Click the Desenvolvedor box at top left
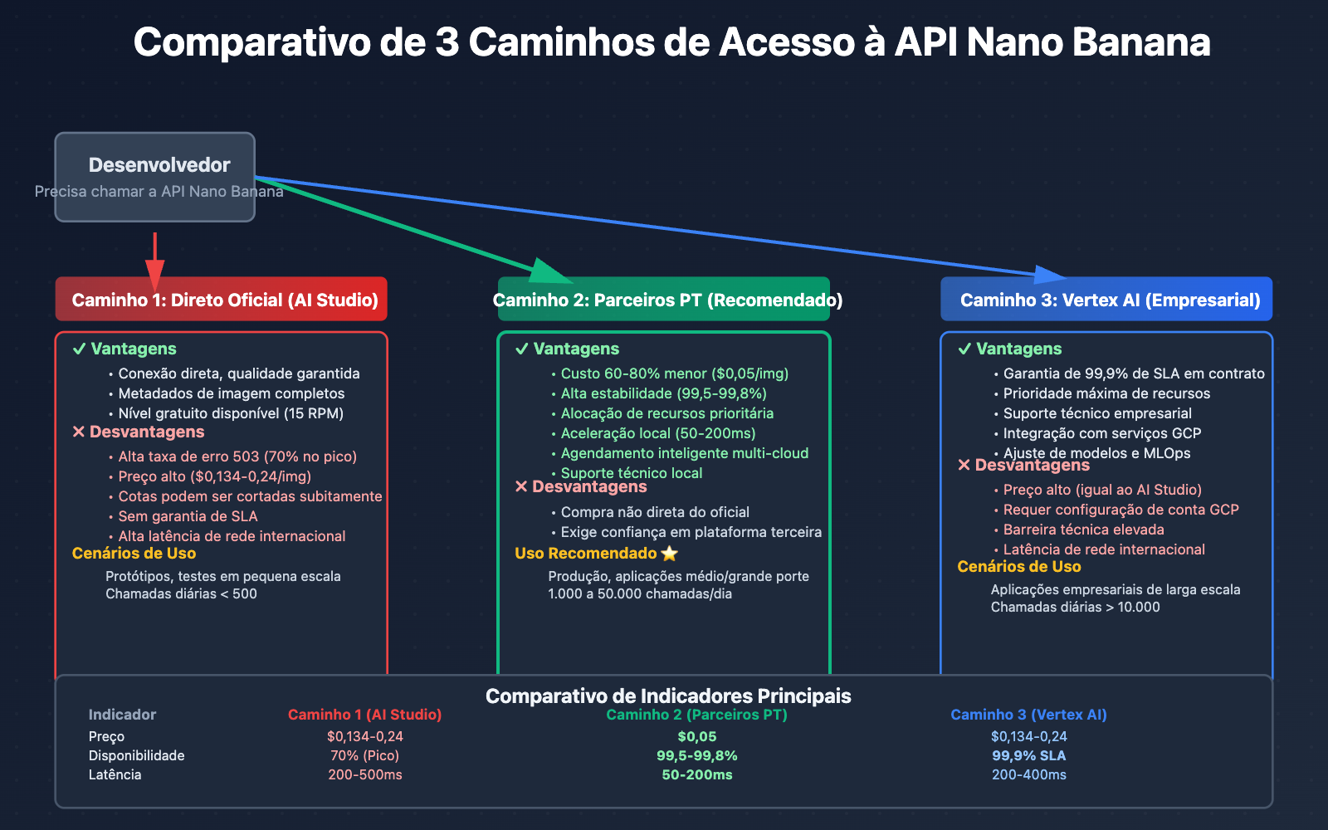pos(155,177)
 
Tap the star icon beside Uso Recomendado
pos(670,554)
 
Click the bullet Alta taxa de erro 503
pos(237,456)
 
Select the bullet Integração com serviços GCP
pos(1101,433)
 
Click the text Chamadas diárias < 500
pos(181,594)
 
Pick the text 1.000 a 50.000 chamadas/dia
pos(640,594)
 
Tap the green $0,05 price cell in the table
pos(697,737)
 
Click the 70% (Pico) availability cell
pos(365,756)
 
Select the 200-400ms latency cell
pos(1029,775)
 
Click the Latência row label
pos(115,775)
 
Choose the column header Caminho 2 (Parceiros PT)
pos(697,715)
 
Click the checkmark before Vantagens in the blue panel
pos(964,349)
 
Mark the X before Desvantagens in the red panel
pos(79,432)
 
